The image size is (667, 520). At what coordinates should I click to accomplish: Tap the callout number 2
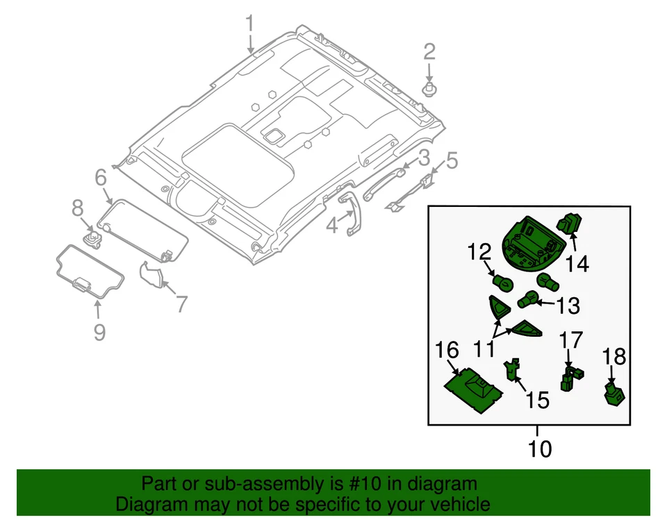[429, 51]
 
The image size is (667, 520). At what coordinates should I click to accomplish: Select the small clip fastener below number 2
[429, 90]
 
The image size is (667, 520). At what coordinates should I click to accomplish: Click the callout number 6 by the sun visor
[100, 178]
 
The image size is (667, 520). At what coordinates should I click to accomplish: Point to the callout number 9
[99, 331]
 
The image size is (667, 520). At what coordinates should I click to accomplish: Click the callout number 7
[181, 303]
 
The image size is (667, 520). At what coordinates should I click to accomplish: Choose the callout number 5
[452, 161]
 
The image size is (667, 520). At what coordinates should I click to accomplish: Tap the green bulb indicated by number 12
[502, 283]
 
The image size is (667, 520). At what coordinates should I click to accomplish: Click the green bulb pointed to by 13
[528, 301]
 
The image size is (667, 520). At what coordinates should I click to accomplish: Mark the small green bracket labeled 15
[513, 369]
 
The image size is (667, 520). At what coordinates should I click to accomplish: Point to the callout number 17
[573, 340]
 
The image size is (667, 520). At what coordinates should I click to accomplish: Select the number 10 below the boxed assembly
[538, 448]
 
